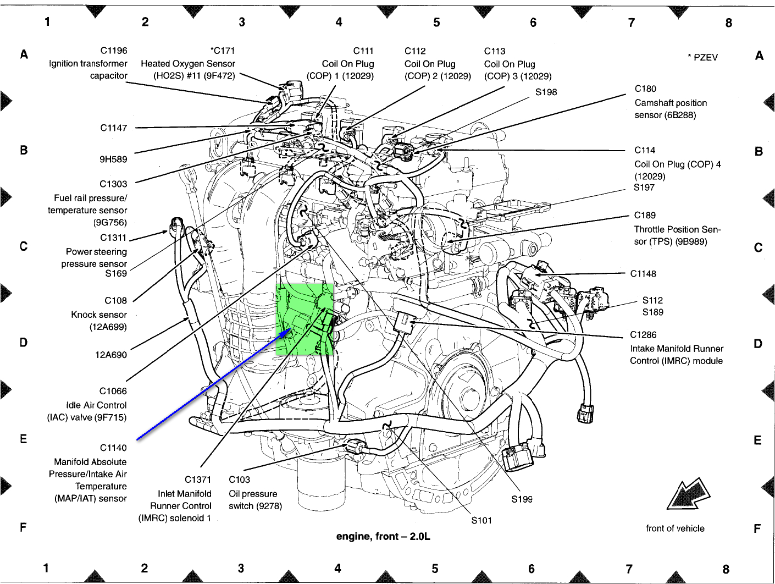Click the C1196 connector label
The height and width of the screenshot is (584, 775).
pyautogui.click(x=113, y=51)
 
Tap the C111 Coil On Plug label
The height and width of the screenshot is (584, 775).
pyautogui.click(x=363, y=51)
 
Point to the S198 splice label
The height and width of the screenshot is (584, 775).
pyautogui.click(x=546, y=92)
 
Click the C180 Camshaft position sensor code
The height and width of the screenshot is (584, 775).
pyautogui.click(x=645, y=89)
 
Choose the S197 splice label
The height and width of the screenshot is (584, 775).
pyautogui.click(x=644, y=188)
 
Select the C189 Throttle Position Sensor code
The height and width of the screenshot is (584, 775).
pyautogui.click(x=645, y=215)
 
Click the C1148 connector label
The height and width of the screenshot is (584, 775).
pyautogui.click(x=643, y=274)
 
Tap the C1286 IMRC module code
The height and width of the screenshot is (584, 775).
pyautogui.click(x=643, y=335)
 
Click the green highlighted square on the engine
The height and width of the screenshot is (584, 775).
pyautogui.click(x=305, y=319)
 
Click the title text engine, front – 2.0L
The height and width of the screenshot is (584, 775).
pyautogui.click(x=383, y=536)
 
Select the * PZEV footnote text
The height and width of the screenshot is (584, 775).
pyautogui.click(x=702, y=57)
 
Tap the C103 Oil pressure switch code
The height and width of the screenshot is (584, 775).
pyautogui.click(x=239, y=480)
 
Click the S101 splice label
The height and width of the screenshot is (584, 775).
pyautogui.click(x=481, y=520)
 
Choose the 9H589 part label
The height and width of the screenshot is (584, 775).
pyautogui.click(x=113, y=159)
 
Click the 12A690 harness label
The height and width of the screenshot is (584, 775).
pyautogui.click(x=111, y=355)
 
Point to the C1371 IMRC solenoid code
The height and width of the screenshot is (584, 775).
pyautogui.click(x=198, y=480)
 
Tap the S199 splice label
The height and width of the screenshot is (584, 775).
pyautogui.click(x=522, y=499)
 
